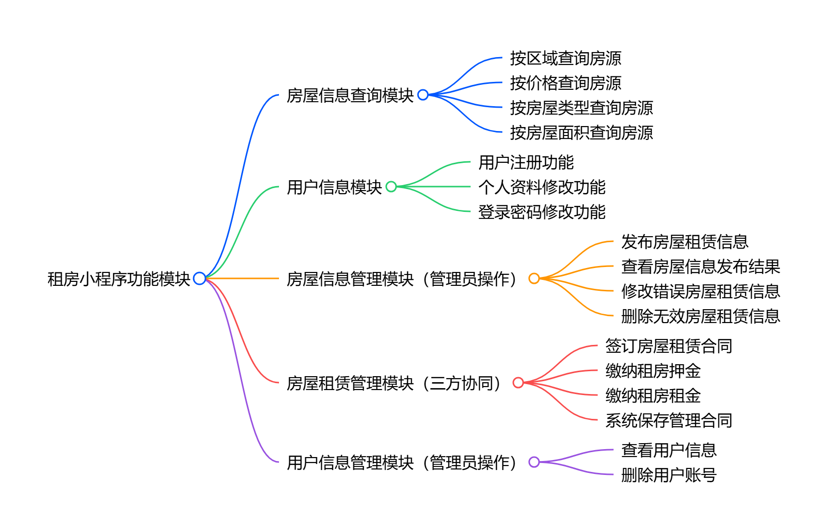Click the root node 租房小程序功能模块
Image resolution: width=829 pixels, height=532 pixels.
119,279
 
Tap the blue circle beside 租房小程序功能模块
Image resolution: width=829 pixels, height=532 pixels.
200,278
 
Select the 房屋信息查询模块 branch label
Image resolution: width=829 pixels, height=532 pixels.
350,95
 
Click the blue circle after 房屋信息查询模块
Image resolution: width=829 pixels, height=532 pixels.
423,95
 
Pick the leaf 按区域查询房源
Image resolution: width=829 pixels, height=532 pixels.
565,58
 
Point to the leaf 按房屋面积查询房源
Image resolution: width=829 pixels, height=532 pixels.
581,133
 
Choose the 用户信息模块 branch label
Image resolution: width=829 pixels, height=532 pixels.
334,187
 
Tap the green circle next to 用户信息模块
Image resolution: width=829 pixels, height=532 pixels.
391,187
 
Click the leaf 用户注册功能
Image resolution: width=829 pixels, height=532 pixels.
526,162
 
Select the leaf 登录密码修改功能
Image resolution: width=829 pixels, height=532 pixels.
542,212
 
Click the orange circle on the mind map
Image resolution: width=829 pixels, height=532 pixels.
534,278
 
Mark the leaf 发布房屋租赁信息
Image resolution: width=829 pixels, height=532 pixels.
685,242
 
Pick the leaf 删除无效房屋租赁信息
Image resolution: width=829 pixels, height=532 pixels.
700,316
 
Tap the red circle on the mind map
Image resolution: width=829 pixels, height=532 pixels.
518,383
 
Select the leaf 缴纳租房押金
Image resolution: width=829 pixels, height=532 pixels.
653,371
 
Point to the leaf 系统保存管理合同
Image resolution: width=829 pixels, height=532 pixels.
669,420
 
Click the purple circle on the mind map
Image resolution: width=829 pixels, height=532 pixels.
534,462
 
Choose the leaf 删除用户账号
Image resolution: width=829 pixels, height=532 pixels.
669,475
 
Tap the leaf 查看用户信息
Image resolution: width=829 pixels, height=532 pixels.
669,450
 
